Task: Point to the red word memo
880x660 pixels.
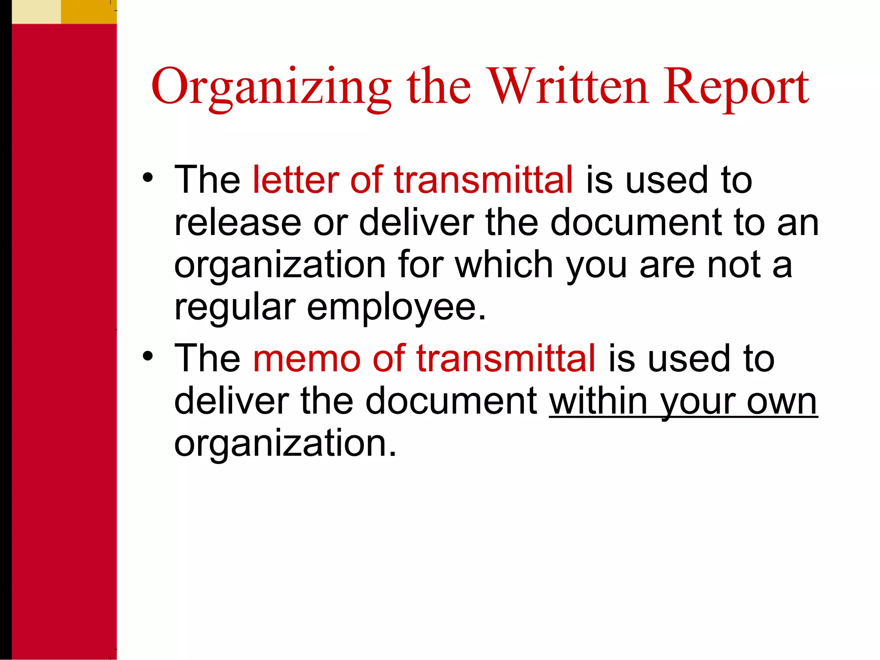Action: [307, 358]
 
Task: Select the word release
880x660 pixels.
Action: [238, 223]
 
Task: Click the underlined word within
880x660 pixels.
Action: [598, 401]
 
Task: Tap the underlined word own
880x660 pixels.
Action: [782, 402]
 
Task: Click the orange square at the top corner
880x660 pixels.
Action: [89, 12]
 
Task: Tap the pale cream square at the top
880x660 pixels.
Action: [36, 12]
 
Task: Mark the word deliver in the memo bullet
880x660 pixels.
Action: [232, 401]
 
